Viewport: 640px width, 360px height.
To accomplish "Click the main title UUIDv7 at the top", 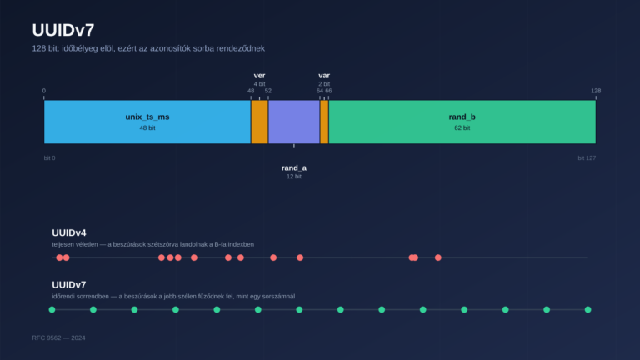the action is (x=63, y=30).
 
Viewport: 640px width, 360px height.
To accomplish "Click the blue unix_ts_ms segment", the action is (x=147, y=122).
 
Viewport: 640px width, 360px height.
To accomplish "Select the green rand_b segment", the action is (x=462, y=122).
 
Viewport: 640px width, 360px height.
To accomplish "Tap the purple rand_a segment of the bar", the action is (x=294, y=122).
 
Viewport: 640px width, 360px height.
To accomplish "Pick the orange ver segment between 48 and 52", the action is (x=260, y=122).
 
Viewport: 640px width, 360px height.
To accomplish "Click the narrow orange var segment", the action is (x=324, y=122).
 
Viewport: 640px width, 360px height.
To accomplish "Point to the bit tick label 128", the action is (x=596, y=91).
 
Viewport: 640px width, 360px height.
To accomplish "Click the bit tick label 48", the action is (x=251, y=91).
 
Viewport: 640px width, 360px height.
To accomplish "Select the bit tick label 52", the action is (x=268, y=91).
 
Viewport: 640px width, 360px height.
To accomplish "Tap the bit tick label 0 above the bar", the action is (x=44, y=91).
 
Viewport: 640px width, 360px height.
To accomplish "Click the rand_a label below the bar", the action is (x=294, y=167).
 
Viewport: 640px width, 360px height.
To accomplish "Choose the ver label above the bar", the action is (x=260, y=76).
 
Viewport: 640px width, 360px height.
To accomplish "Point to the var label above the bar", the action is (x=324, y=76).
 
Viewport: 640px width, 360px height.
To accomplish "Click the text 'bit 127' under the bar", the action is (x=587, y=158).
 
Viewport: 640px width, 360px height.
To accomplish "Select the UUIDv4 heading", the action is (x=69, y=232).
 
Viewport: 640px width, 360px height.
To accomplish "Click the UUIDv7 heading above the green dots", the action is (x=69, y=284).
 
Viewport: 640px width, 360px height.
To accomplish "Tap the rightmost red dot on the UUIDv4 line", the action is (x=438, y=257).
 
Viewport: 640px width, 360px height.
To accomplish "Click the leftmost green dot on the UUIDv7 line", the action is (x=52, y=309).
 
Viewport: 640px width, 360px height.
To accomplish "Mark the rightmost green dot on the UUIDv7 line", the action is (x=587, y=309).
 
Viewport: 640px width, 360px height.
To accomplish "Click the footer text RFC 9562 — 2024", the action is (x=59, y=338).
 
